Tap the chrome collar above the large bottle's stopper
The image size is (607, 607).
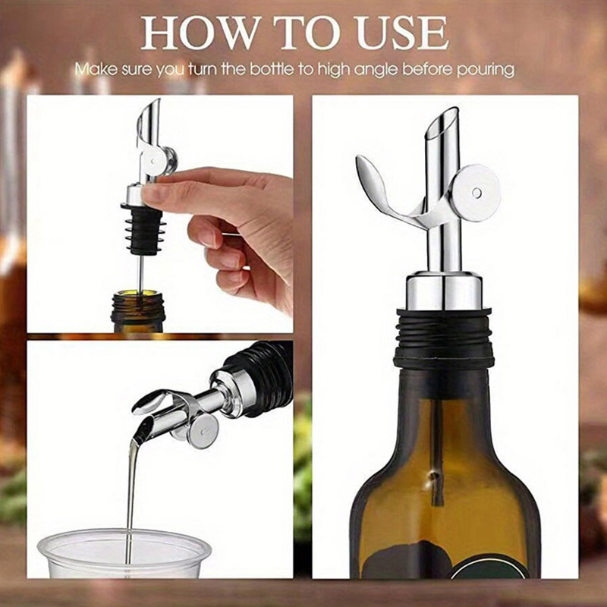pyautogui.click(x=444, y=291)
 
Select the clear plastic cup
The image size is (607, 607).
pyautogui.click(x=124, y=554)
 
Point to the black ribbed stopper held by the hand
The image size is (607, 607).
pyautogui.click(x=144, y=229)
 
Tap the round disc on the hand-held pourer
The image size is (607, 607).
pyautogui.click(x=154, y=159)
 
